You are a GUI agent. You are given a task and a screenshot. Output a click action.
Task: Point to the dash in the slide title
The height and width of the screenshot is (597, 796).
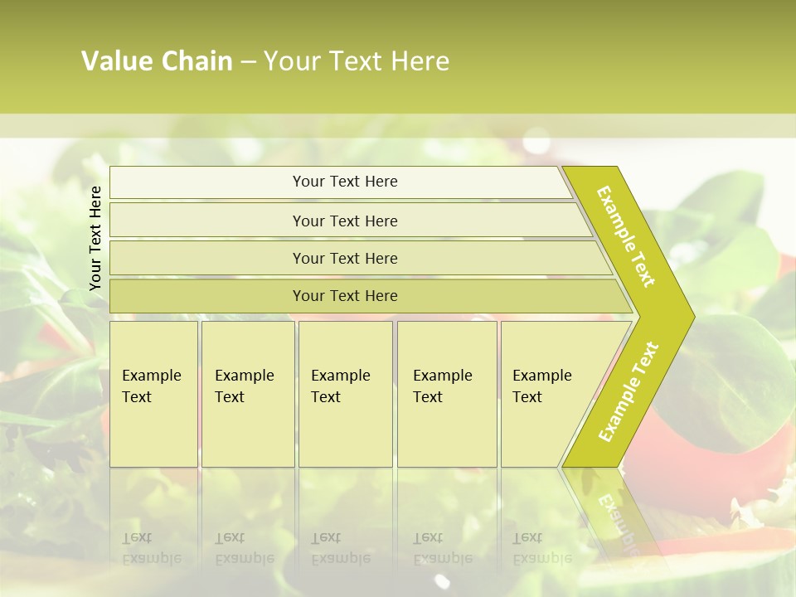[248, 62]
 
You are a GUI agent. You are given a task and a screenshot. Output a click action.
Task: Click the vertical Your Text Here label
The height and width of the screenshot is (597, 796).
[95, 238]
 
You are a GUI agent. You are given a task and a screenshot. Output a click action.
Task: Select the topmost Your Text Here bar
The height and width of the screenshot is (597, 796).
[344, 182]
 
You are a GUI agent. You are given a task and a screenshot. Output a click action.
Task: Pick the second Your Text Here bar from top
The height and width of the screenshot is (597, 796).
[344, 221]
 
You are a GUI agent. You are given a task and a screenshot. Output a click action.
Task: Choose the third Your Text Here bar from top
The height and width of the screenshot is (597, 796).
[344, 258]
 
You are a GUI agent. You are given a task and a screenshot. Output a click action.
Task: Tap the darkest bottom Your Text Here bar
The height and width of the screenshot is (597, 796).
[344, 296]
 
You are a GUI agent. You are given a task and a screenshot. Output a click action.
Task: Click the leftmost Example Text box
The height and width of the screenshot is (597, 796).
[153, 393]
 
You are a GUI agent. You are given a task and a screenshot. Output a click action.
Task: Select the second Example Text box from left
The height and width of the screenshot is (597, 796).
[247, 393]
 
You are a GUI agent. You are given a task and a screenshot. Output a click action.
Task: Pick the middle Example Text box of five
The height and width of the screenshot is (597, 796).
[344, 393]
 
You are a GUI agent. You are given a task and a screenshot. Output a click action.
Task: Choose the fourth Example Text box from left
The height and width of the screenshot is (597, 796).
[446, 393]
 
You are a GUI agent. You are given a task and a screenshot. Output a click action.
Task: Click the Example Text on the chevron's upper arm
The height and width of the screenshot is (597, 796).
[626, 236]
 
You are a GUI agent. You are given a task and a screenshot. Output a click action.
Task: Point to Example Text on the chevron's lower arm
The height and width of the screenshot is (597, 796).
[629, 391]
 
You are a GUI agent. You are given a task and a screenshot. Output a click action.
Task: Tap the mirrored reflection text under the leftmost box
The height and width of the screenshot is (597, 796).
[152, 548]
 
